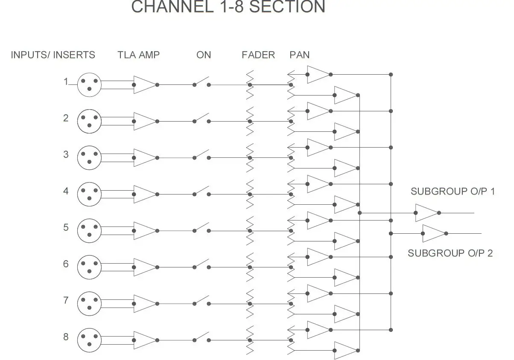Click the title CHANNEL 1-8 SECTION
[x=228, y=7]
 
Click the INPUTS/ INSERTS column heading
[x=53, y=55]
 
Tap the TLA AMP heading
[x=139, y=55]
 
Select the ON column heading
[x=204, y=55]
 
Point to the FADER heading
[x=258, y=55]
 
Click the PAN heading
[x=300, y=55]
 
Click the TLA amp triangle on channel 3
[x=144, y=158]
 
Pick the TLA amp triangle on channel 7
[x=144, y=304]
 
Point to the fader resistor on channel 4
[x=250, y=195]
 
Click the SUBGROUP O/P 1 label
[x=453, y=192]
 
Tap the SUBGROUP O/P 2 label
[x=450, y=253]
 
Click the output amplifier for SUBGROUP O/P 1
[x=426, y=213]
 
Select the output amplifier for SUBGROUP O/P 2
[x=433, y=233]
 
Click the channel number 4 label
[x=66, y=191]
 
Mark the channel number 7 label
[x=66, y=301]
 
